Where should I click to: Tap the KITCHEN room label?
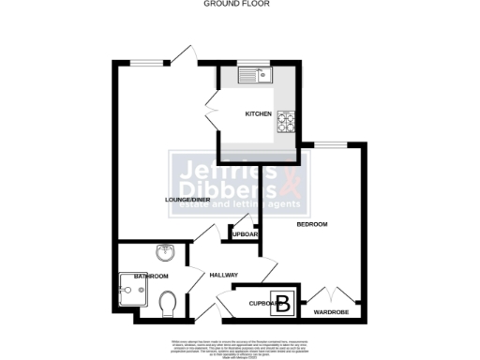click(258, 114)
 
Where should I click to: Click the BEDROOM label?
click(311, 225)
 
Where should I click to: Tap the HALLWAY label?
click(223, 275)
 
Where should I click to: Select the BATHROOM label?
click(151, 277)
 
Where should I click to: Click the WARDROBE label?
click(331, 311)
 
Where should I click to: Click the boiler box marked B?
click(287, 302)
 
